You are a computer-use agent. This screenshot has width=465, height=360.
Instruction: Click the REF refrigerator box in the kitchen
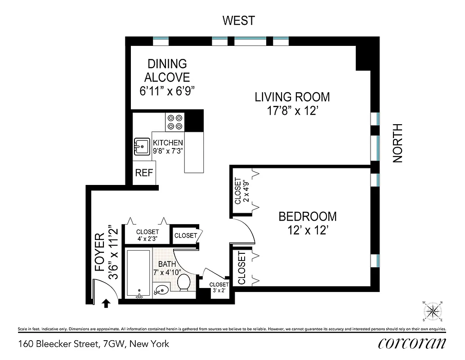click(144, 173)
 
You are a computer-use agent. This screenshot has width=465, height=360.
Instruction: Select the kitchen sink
click(142, 146)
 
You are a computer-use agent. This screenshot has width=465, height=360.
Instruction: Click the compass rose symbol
click(433, 310)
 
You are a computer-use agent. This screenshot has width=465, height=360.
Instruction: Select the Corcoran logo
click(412, 343)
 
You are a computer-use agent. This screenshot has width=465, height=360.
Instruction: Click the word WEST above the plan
click(239, 21)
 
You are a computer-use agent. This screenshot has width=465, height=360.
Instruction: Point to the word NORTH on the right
click(398, 144)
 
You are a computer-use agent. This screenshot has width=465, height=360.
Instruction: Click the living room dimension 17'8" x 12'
click(292, 111)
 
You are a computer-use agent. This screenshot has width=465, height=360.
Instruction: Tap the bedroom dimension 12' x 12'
click(307, 231)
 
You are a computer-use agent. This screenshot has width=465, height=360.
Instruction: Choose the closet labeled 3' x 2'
click(219, 288)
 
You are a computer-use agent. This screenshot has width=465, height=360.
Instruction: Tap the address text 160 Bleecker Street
click(94, 344)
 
